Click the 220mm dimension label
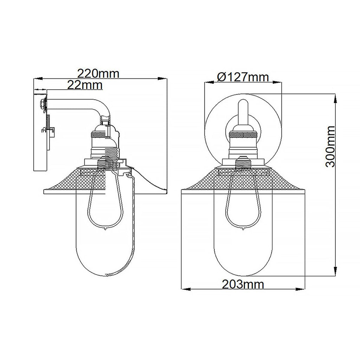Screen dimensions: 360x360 pyautogui.click(x=98, y=74)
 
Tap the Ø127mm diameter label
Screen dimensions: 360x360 pyautogui.click(x=243, y=77)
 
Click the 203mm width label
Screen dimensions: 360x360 pyautogui.click(x=243, y=284)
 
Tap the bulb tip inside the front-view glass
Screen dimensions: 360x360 pyautogui.click(x=243, y=229)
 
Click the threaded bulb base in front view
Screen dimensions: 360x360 pyautogui.click(x=243, y=163)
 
